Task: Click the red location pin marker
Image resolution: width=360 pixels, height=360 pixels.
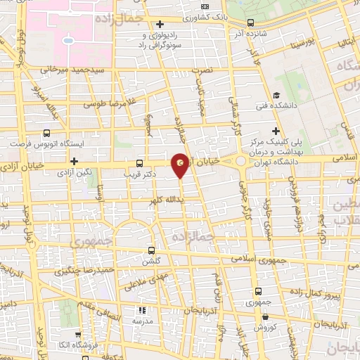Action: point(181,165)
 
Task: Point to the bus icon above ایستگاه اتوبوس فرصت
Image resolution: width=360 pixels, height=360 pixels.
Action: point(46,132)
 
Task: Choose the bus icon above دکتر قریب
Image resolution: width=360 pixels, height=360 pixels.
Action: point(139,162)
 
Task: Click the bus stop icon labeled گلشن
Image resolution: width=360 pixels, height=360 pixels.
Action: point(151,250)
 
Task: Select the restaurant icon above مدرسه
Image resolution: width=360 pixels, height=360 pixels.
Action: point(143,309)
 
